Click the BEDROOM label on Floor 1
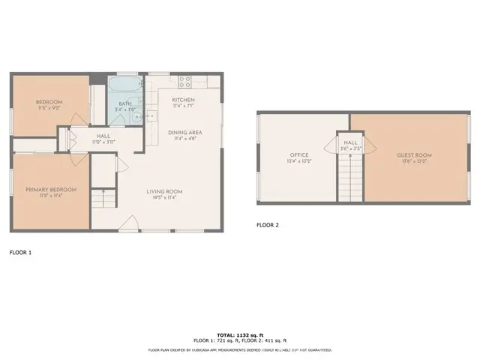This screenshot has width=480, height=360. click(x=49, y=102)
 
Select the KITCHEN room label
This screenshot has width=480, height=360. click(x=184, y=100)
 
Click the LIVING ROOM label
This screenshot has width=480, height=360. click(x=164, y=191)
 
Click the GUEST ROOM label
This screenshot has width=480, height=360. click(x=415, y=155)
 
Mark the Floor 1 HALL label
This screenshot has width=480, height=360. click(x=103, y=136)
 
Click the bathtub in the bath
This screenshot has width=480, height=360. click(x=124, y=84)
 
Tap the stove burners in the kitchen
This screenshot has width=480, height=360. click(x=185, y=79)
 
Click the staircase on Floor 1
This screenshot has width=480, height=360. click(x=103, y=199)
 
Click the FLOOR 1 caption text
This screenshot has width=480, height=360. click(x=20, y=253)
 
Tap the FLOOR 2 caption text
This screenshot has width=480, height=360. click(x=268, y=224)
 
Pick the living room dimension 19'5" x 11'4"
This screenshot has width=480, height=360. click(x=164, y=198)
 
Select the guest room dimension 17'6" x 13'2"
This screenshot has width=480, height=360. click(x=415, y=161)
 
